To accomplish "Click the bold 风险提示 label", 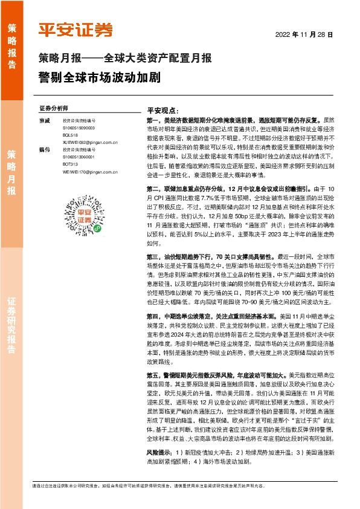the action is click(x=159, y=452).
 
